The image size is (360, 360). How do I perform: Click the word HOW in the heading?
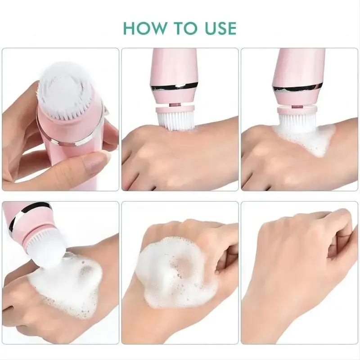144,28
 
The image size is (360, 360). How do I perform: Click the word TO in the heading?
186,28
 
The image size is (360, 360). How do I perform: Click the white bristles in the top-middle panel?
175,121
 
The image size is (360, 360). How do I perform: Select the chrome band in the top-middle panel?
174,87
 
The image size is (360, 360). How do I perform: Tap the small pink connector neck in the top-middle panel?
175,105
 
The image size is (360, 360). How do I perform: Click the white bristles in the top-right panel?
297,123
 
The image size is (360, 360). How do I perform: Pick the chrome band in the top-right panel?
296,89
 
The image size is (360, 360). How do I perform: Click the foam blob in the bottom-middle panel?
175,273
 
